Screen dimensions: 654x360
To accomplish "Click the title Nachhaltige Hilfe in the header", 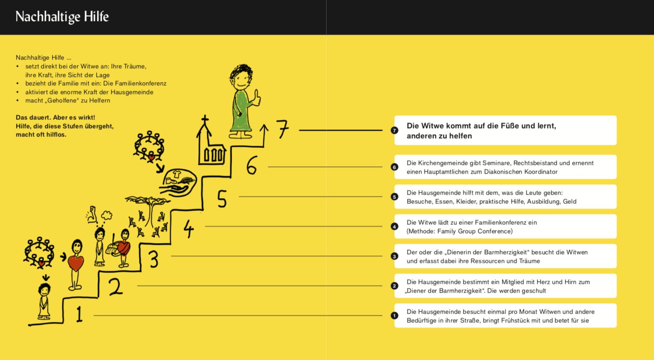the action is [x=62, y=17].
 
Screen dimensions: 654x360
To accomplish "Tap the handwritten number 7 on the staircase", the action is [x=282, y=129].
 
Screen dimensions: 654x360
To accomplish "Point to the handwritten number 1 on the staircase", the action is [x=79, y=315].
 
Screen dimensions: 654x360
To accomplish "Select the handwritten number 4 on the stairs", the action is [x=188, y=228].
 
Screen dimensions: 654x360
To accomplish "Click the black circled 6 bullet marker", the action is [x=394, y=167].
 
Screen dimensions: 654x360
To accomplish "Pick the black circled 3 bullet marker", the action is [x=394, y=256].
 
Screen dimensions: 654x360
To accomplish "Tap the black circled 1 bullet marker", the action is [x=394, y=315].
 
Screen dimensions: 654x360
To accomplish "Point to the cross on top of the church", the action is [x=205, y=119].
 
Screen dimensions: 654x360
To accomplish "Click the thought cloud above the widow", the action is [x=107, y=215].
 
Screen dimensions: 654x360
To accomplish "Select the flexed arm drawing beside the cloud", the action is [x=92, y=214].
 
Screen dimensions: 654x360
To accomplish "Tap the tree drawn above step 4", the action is [x=148, y=209].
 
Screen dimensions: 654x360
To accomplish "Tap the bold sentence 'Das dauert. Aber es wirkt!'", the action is [x=56, y=118].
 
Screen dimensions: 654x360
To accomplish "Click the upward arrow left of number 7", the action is [x=264, y=135].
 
